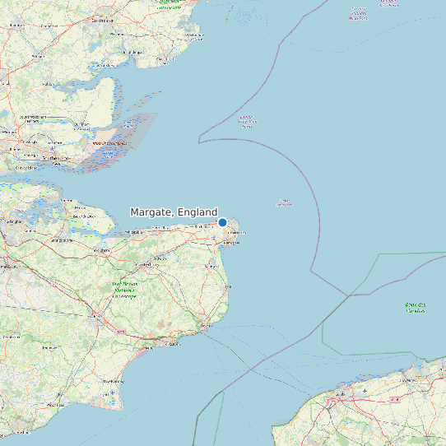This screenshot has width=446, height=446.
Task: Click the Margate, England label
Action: pyautogui.click(x=174, y=212)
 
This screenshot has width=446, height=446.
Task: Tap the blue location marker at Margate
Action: pyautogui.click(x=222, y=222)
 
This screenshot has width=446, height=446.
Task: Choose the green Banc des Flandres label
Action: pyautogui.click(x=416, y=307)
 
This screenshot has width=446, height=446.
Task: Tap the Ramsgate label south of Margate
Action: pyautogui.click(x=233, y=244)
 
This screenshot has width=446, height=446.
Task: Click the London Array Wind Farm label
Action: pyautogui.click(x=247, y=122)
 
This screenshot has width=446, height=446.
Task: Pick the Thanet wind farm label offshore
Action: pyautogui.click(x=285, y=202)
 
